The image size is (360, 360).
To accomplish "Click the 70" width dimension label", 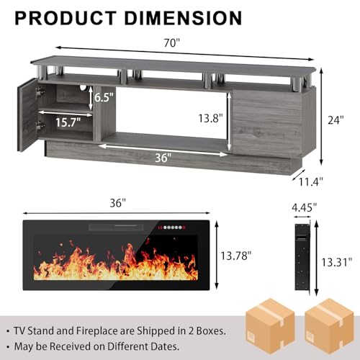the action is coord(171,43).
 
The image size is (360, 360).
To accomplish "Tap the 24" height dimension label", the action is coord(336,120).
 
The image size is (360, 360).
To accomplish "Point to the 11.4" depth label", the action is coord(311,181).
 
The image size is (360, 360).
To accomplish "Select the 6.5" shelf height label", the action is coord(104,97).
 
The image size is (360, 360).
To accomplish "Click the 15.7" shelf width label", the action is coord(68,122).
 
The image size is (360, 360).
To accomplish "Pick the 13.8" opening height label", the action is coord(210,118).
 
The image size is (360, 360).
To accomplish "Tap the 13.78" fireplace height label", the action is coord(236,256).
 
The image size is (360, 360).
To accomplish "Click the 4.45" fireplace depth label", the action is coord(304,207).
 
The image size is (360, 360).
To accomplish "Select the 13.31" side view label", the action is coord(336,262).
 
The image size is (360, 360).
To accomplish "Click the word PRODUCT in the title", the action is coord(66,18).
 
